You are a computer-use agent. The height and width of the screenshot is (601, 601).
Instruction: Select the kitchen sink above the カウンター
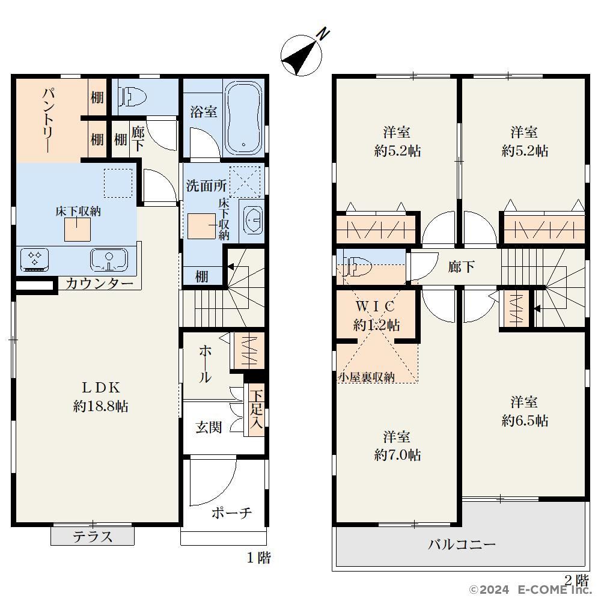click(109, 260)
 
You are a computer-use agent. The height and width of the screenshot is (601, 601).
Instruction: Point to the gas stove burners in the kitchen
click(35, 258)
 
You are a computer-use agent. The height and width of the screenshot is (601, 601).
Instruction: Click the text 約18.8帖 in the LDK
click(100, 406)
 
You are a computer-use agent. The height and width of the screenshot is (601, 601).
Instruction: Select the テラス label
click(93, 537)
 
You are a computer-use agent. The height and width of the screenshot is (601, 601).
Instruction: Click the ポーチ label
click(231, 513)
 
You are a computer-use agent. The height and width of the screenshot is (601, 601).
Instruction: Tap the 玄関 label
click(209, 427)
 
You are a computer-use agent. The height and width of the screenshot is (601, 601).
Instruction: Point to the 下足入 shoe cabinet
click(256, 410)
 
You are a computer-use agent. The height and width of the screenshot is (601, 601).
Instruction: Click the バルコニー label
click(462, 544)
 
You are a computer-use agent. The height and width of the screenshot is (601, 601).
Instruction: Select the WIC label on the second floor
click(375, 307)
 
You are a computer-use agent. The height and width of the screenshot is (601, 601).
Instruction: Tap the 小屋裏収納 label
click(366, 377)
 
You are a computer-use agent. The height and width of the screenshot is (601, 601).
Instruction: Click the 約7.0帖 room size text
click(397, 455)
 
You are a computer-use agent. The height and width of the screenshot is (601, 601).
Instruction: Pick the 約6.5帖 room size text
click(525, 421)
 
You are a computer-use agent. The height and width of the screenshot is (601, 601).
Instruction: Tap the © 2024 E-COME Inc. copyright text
click(531, 590)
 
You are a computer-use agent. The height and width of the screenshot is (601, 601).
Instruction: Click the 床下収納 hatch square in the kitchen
click(78, 229)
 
